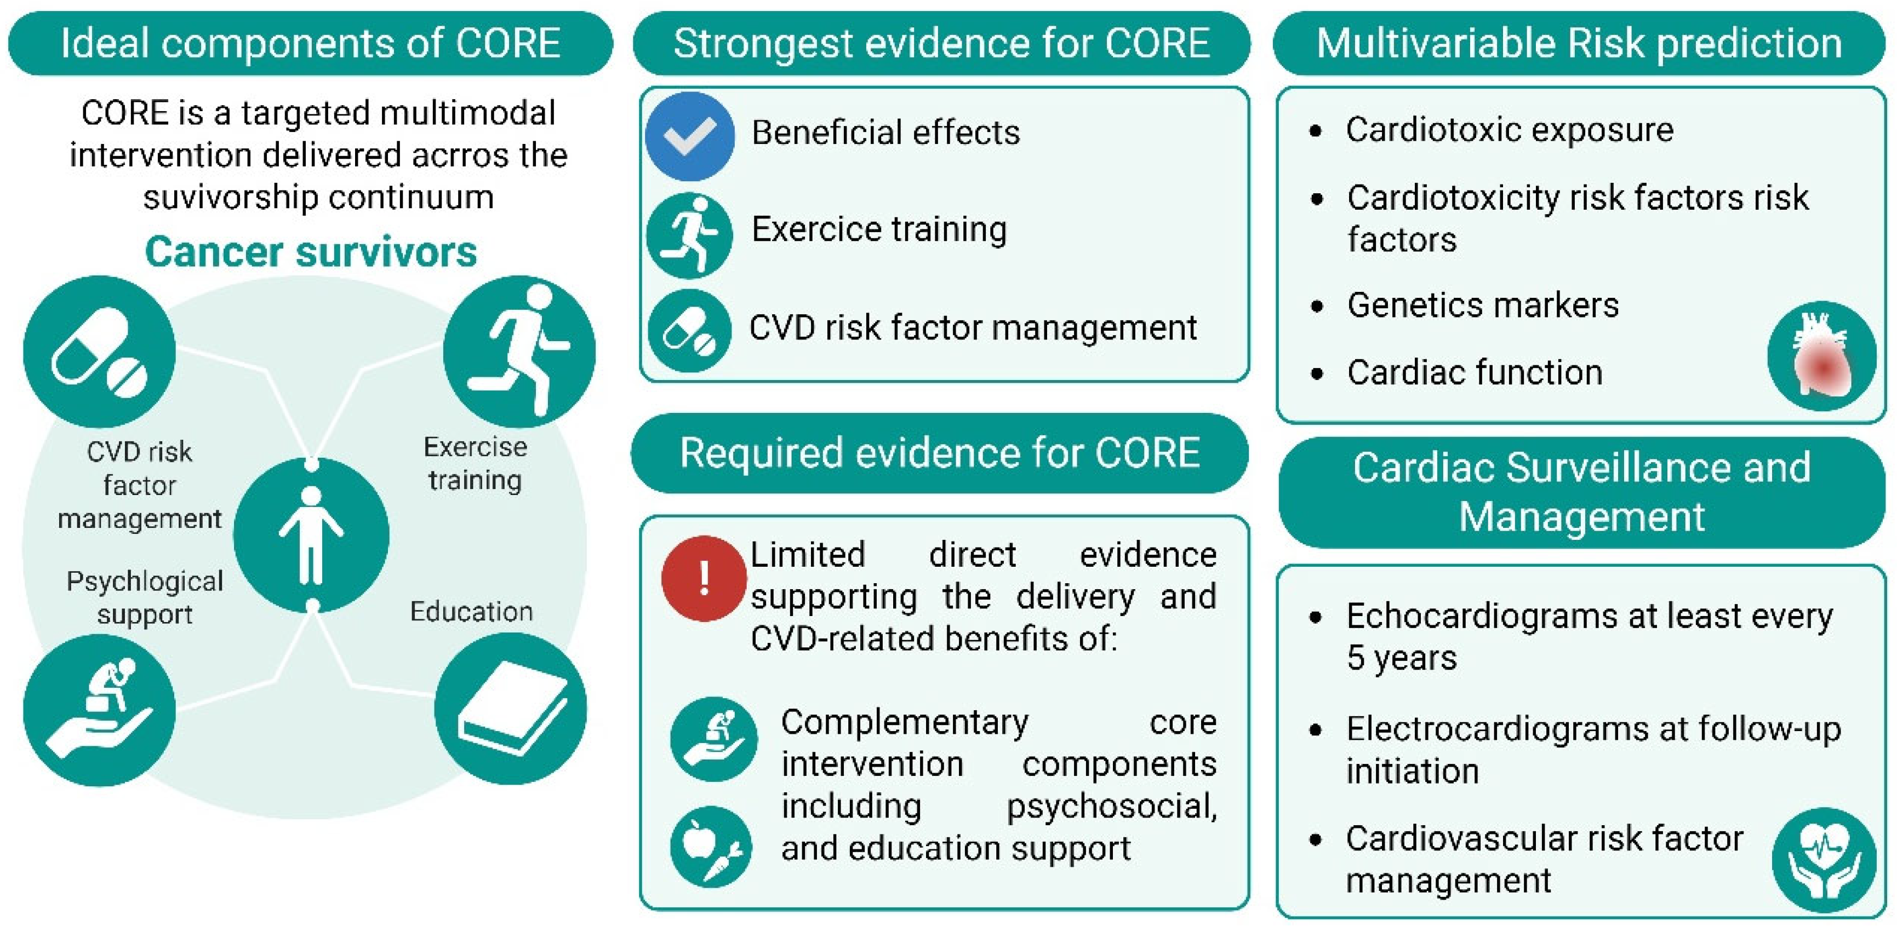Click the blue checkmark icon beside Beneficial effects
coord(689,136)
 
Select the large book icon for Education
coord(510,709)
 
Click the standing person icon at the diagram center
coord(311,535)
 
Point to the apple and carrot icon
coord(711,847)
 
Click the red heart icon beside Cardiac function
coord(1822,355)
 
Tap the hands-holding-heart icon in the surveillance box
coord(1824,860)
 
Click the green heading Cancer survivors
coord(311,252)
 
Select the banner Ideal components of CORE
coord(310,43)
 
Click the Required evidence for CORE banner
coord(940,453)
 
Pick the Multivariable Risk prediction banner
coord(1579,43)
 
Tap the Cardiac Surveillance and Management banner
coord(1582,492)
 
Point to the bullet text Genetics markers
coord(1482,305)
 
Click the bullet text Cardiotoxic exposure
coord(1510,130)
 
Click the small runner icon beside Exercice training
coord(689,235)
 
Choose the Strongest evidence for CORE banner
coord(941,43)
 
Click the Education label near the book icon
coord(471,612)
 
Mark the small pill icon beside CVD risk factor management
coord(689,331)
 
